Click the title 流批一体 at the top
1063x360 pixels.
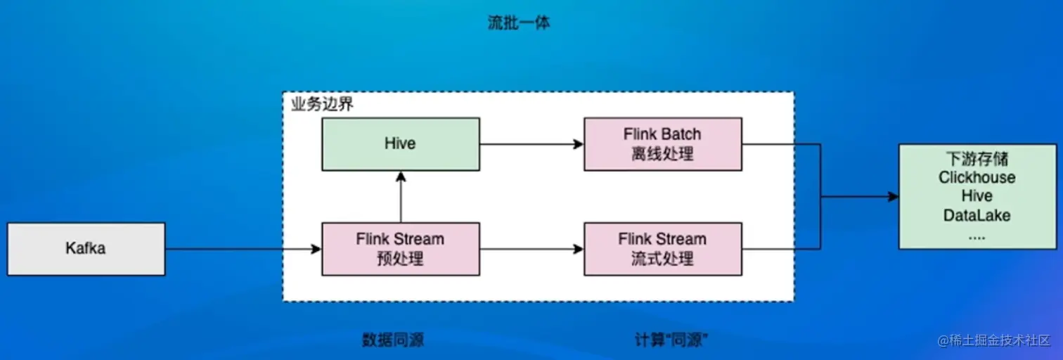click(519, 22)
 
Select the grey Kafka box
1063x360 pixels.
click(86, 248)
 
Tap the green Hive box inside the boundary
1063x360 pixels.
click(400, 143)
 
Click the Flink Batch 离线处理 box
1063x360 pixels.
click(662, 143)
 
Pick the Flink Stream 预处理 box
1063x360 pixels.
click(400, 248)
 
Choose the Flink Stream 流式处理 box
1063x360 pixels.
click(662, 248)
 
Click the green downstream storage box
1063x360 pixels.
click(977, 195)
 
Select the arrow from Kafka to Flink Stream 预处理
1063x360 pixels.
click(243, 248)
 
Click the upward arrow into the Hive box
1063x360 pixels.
click(400, 197)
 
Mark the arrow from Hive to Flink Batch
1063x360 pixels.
click(531, 143)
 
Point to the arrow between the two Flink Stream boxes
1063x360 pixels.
click(531, 248)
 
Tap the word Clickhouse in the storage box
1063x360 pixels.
click(977, 177)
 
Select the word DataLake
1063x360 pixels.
click(977, 215)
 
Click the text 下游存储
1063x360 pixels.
click(977, 158)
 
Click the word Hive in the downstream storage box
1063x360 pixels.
click(977, 196)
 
